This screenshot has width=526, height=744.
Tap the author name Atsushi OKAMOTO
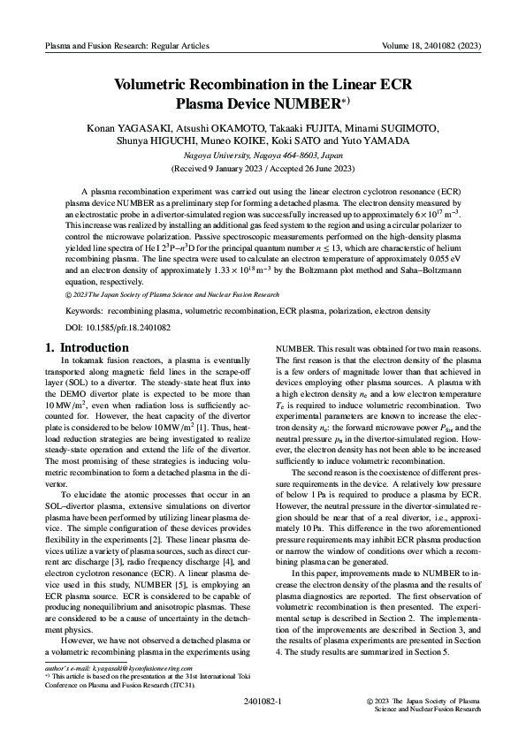point(225,128)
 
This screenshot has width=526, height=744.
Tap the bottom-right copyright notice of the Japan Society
point(423,704)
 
